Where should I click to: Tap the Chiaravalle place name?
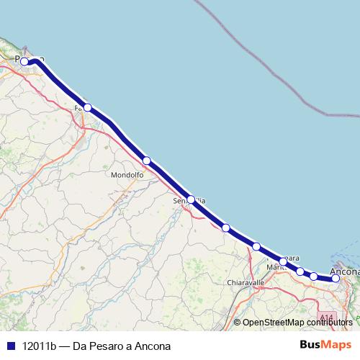(246, 282)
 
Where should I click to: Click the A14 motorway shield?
(328, 317)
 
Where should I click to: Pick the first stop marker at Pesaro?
(24, 61)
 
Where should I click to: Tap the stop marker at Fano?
(87, 107)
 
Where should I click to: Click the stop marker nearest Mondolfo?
(146, 161)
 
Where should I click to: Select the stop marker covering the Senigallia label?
(191, 199)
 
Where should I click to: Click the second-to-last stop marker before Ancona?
(314, 276)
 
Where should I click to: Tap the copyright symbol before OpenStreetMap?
(238, 323)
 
